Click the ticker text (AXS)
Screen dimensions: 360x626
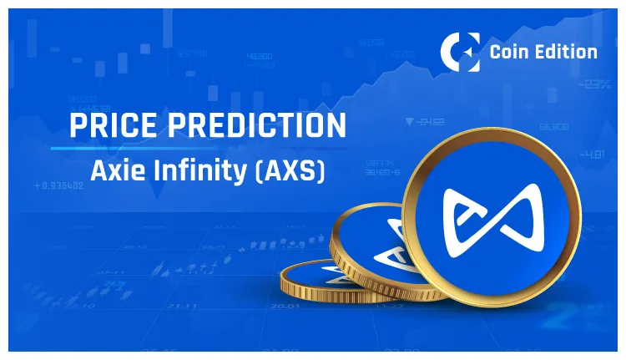[x=288, y=172]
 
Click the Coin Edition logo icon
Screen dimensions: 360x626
[x=459, y=52]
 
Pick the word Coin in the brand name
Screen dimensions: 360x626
[x=512, y=52]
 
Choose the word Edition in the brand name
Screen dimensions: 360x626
[x=567, y=52]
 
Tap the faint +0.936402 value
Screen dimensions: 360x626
[x=58, y=185]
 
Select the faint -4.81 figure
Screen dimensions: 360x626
[x=593, y=154]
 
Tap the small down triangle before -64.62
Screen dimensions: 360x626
[x=408, y=122]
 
